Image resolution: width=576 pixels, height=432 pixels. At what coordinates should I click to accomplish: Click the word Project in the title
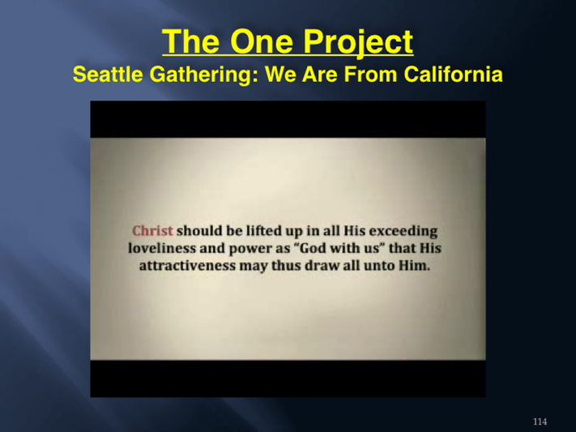pyautogui.click(x=358, y=42)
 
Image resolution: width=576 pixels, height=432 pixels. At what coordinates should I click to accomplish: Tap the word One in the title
pyautogui.click(x=261, y=41)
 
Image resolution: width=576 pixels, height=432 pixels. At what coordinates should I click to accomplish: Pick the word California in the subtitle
pyautogui.click(x=454, y=74)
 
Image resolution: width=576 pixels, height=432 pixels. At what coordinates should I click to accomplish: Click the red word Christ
pyautogui.click(x=152, y=231)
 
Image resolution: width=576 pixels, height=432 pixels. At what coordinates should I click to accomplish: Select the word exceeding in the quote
pyautogui.click(x=403, y=232)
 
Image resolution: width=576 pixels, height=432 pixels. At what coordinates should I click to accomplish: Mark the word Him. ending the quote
pyautogui.click(x=414, y=266)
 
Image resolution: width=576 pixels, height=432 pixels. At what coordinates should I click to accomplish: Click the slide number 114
pyautogui.click(x=540, y=421)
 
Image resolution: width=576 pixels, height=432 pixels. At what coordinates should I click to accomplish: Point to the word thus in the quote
pyautogui.click(x=287, y=266)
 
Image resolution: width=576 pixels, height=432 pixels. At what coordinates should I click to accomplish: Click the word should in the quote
pyautogui.click(x=199, y=231)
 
